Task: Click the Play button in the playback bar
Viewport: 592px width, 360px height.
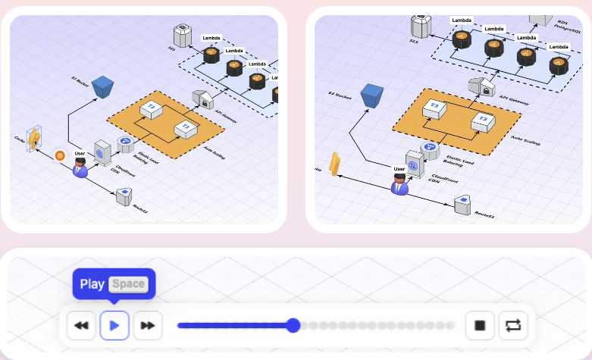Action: tap(114, 325)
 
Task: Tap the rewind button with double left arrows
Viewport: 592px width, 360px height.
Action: tap(80, 325)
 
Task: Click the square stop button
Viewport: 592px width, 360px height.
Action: tap(479, 325)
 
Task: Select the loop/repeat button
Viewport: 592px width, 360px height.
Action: tap(513, 325)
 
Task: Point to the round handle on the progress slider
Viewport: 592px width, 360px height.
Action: tap(293, 325)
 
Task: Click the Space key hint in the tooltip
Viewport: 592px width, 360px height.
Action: tap(128, 284)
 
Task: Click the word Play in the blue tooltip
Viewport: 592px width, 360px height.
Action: tap(92, 284)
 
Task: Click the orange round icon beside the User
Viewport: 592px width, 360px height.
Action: tap(61, 155)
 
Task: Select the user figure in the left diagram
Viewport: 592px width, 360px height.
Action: tap(80, 167)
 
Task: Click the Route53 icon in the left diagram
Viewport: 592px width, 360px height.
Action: tap(124, 196)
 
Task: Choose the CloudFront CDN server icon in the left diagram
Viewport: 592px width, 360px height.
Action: tap(103, 152)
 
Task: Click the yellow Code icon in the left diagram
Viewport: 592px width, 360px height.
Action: tap(35, 138)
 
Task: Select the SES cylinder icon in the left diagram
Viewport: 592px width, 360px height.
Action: tap(182, 34)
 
